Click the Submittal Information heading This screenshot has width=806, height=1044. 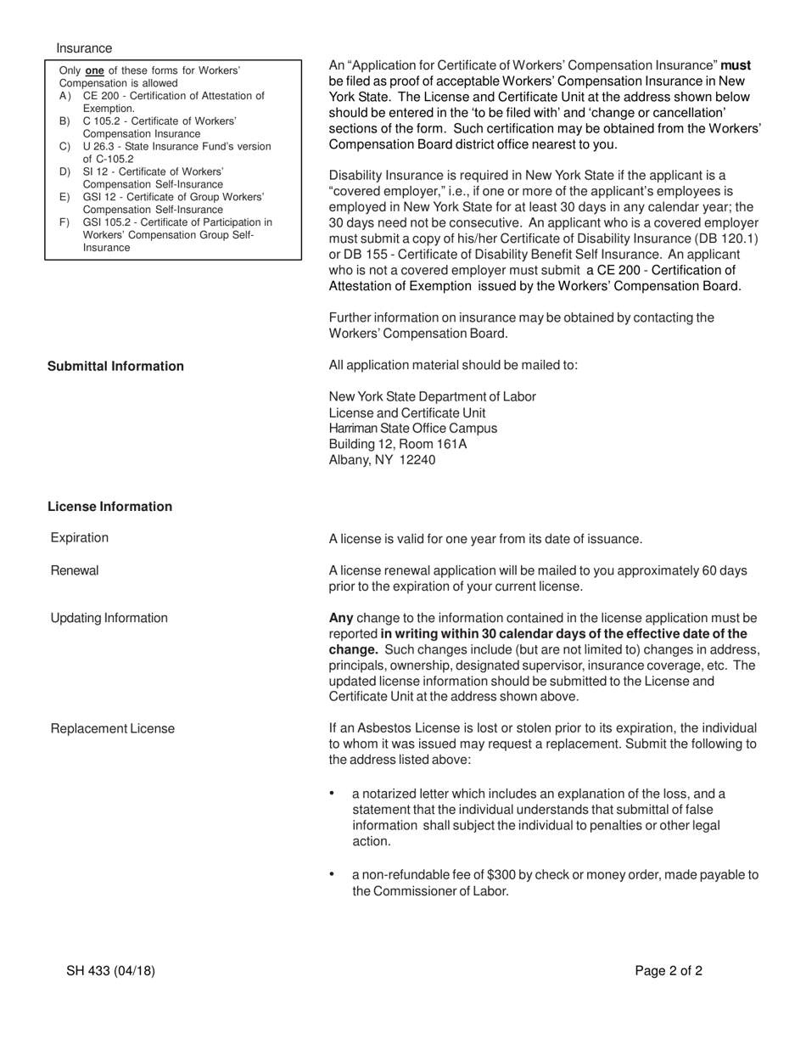115,366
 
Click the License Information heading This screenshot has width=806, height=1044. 109,507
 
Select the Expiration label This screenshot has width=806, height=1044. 80,538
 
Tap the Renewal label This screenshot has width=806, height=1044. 75,570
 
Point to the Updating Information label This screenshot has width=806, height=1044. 109,618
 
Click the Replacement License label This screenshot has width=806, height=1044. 113,728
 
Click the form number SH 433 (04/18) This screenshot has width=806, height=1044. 110,972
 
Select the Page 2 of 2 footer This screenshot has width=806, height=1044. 669,972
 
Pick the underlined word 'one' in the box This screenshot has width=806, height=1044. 95,71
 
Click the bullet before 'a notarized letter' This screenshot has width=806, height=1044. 332,794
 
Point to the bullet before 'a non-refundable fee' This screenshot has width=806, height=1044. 332,874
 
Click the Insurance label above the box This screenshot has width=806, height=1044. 84,48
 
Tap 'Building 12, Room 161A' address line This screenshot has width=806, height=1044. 398,444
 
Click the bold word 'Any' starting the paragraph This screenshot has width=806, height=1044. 341,618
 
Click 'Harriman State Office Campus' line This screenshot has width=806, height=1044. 413,428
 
